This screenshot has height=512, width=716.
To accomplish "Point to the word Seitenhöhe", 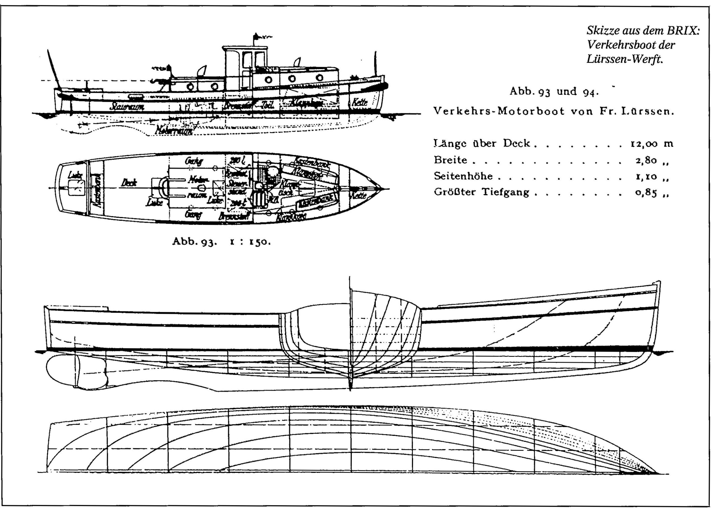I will [x=463, y=176].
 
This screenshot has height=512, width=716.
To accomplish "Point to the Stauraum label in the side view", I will [x=127, y=107].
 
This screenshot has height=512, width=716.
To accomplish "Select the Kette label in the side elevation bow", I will [x=360, y=102].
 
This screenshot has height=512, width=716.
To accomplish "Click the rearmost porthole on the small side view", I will [x=190, y=86].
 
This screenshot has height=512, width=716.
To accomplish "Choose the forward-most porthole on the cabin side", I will [x=319, y=77].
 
